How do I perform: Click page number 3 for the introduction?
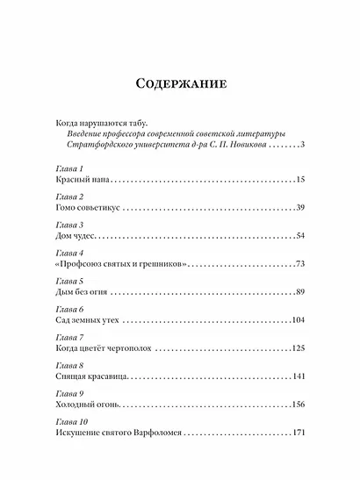(301, 144)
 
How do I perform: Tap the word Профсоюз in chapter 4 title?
(96, 264)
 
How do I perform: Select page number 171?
(297, 433)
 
